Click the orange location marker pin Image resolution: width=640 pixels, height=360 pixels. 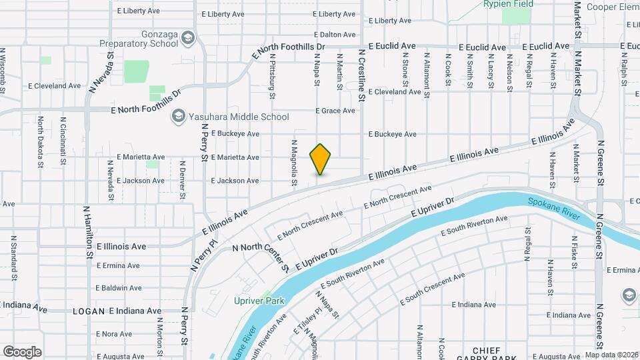321,159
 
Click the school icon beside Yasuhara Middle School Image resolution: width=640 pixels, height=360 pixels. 178,117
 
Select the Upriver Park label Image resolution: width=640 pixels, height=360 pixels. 259,301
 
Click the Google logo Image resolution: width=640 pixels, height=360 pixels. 22,352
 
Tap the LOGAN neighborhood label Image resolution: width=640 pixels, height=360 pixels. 89,311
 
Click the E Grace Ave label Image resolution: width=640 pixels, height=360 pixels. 335,111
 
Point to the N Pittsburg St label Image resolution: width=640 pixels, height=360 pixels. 272,76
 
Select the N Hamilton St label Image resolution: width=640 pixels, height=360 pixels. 87,231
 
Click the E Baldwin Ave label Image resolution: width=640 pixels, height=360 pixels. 119,288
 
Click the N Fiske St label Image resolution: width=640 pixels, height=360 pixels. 574,251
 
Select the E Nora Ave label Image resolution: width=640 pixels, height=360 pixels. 114,334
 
